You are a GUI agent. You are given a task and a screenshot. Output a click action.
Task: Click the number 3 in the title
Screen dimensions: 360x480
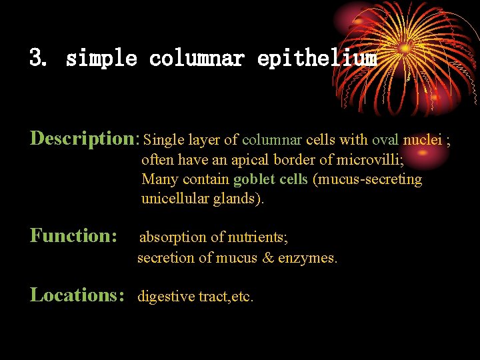coord(36,59)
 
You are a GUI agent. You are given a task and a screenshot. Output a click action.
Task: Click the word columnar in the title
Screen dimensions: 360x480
coord(197,59)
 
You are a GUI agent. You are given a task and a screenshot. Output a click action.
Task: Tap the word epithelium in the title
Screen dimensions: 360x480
coord(317,59)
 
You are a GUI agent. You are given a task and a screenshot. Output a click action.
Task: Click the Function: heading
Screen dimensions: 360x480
coord(74,235)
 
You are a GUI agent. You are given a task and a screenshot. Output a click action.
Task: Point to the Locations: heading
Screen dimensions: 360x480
coord(77,295)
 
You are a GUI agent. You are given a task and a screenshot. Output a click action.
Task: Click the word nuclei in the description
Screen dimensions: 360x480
coord(422,140)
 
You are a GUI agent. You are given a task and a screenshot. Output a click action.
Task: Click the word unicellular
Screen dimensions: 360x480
coord(174,199)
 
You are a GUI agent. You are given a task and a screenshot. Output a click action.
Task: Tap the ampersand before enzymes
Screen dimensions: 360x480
coord(287,257)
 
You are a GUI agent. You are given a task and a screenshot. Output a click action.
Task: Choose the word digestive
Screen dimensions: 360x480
coord(165,297)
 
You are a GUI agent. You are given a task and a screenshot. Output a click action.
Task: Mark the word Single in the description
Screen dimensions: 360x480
coord(163,140)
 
